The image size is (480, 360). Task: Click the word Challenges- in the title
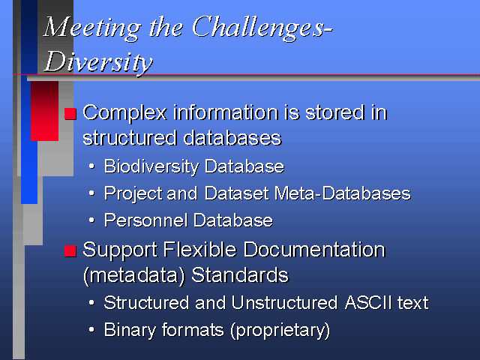262,28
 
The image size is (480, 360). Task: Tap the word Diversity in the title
98,62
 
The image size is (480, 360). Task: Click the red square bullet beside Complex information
70,113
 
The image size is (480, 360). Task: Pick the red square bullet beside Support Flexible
70,251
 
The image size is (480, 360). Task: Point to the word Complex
125,113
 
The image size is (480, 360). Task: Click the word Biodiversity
151,167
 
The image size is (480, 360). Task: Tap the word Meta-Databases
343,193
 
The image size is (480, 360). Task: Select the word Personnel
145,220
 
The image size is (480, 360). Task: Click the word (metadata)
134,275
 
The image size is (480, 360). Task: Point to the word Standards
240,275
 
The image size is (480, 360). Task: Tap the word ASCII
368,303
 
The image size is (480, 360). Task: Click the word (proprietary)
280,331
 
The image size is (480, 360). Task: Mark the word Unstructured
285,303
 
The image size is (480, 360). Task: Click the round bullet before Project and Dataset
91,193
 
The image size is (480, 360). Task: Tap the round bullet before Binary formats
91,330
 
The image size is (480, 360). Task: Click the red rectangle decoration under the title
45,111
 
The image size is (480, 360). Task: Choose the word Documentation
314,250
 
